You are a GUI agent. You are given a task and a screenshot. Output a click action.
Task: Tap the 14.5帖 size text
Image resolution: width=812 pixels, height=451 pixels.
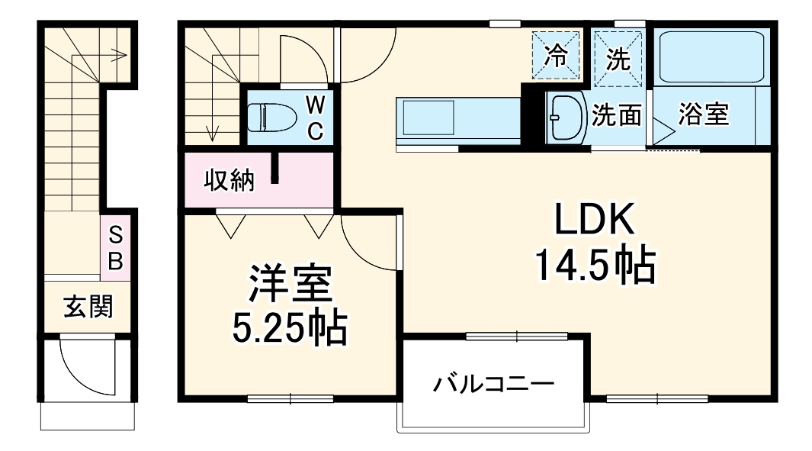tap(594, 265)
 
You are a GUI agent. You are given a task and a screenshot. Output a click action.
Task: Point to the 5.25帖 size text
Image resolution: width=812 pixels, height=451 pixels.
tap(289, 328)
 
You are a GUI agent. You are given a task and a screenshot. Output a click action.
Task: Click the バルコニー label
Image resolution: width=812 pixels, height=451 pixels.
tap(493, 382)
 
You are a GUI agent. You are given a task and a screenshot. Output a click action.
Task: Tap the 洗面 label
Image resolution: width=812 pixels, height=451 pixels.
tap(619, 117)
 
